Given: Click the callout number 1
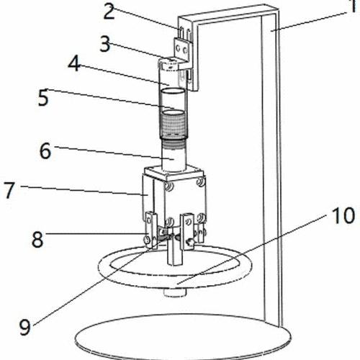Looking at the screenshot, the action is click(353, 6).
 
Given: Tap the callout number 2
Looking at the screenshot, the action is click(109, 12).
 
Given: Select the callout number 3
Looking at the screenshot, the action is click(105, 44).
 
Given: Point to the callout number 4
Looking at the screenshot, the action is click(74, 64).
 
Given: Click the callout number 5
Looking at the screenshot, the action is click(43, 97).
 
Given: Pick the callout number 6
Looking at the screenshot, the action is click(45, 150).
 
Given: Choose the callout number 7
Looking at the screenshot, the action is click(9, 190).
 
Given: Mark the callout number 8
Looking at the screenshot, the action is click(37, 239).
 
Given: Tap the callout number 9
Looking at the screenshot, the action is click(25, 328).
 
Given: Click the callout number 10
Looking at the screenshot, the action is click(343, 216).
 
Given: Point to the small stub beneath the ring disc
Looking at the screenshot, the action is click(175, 292).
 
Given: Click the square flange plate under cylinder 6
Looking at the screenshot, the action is click(174, 173).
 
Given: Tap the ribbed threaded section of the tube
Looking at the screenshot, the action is click(174, 127).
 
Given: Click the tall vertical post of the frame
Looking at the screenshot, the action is click(271, 168).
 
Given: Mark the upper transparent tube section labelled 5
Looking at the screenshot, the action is click(174, 101).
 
